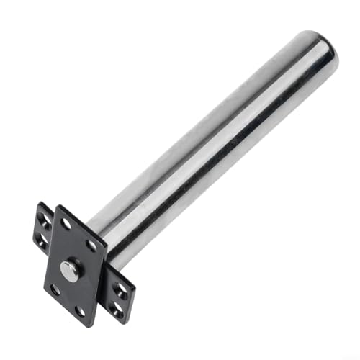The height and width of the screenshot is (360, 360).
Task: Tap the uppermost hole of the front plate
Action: tap(66, 224)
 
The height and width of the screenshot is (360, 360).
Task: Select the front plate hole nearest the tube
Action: tap(92, 246)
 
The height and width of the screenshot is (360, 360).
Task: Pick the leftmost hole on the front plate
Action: tap(55, 289)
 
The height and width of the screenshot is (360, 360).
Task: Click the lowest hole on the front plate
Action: tap(81, 311)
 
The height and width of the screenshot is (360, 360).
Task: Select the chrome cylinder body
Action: tap(216, 144)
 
